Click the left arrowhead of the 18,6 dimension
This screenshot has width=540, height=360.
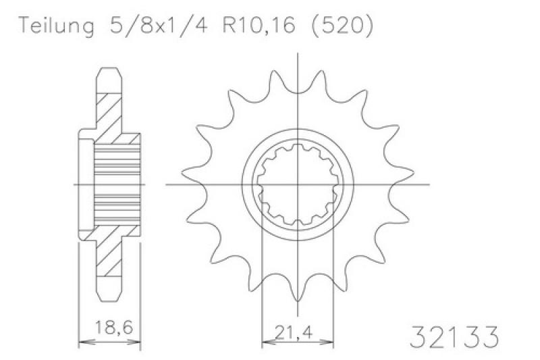[x=83, y=342]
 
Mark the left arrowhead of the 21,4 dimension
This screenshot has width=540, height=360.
[x=265, y=342]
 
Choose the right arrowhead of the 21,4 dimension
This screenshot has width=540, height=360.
[x=331, y=342]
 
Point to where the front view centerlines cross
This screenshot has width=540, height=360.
[x=298, y=184]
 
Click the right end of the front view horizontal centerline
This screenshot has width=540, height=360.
[x=429, y=184]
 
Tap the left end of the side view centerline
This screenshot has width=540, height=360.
[x=74, y=184]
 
